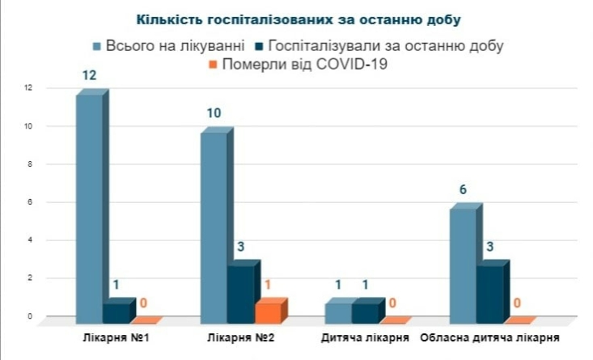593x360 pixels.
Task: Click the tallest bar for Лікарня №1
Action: [x=90, y=206]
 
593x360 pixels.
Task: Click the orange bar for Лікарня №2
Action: [x=269, y=311]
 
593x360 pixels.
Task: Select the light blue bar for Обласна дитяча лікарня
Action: [x=463, y=262]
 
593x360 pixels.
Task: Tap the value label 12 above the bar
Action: [x=90, y=75]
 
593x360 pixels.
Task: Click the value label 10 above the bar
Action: [x=214, y=113]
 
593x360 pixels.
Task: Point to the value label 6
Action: [x=463, y=190]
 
